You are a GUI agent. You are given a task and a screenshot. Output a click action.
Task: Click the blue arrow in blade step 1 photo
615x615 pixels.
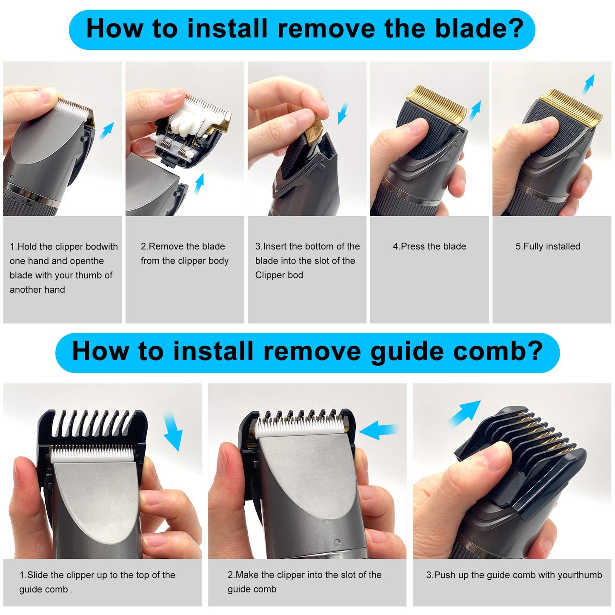point(107,131)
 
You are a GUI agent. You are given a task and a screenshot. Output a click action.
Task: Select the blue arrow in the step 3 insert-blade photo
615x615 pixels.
point(343,113)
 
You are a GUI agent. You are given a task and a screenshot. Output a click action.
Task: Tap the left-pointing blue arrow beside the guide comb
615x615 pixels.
point(378,430)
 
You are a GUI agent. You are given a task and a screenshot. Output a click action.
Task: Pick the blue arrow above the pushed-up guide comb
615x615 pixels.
point(464,413)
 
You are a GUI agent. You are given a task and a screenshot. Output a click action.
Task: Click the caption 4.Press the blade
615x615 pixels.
point(429,246)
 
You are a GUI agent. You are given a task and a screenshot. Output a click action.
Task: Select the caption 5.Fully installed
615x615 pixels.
point(547,246)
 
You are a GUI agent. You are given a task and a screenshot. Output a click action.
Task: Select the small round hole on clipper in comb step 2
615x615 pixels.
point(337,543)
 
